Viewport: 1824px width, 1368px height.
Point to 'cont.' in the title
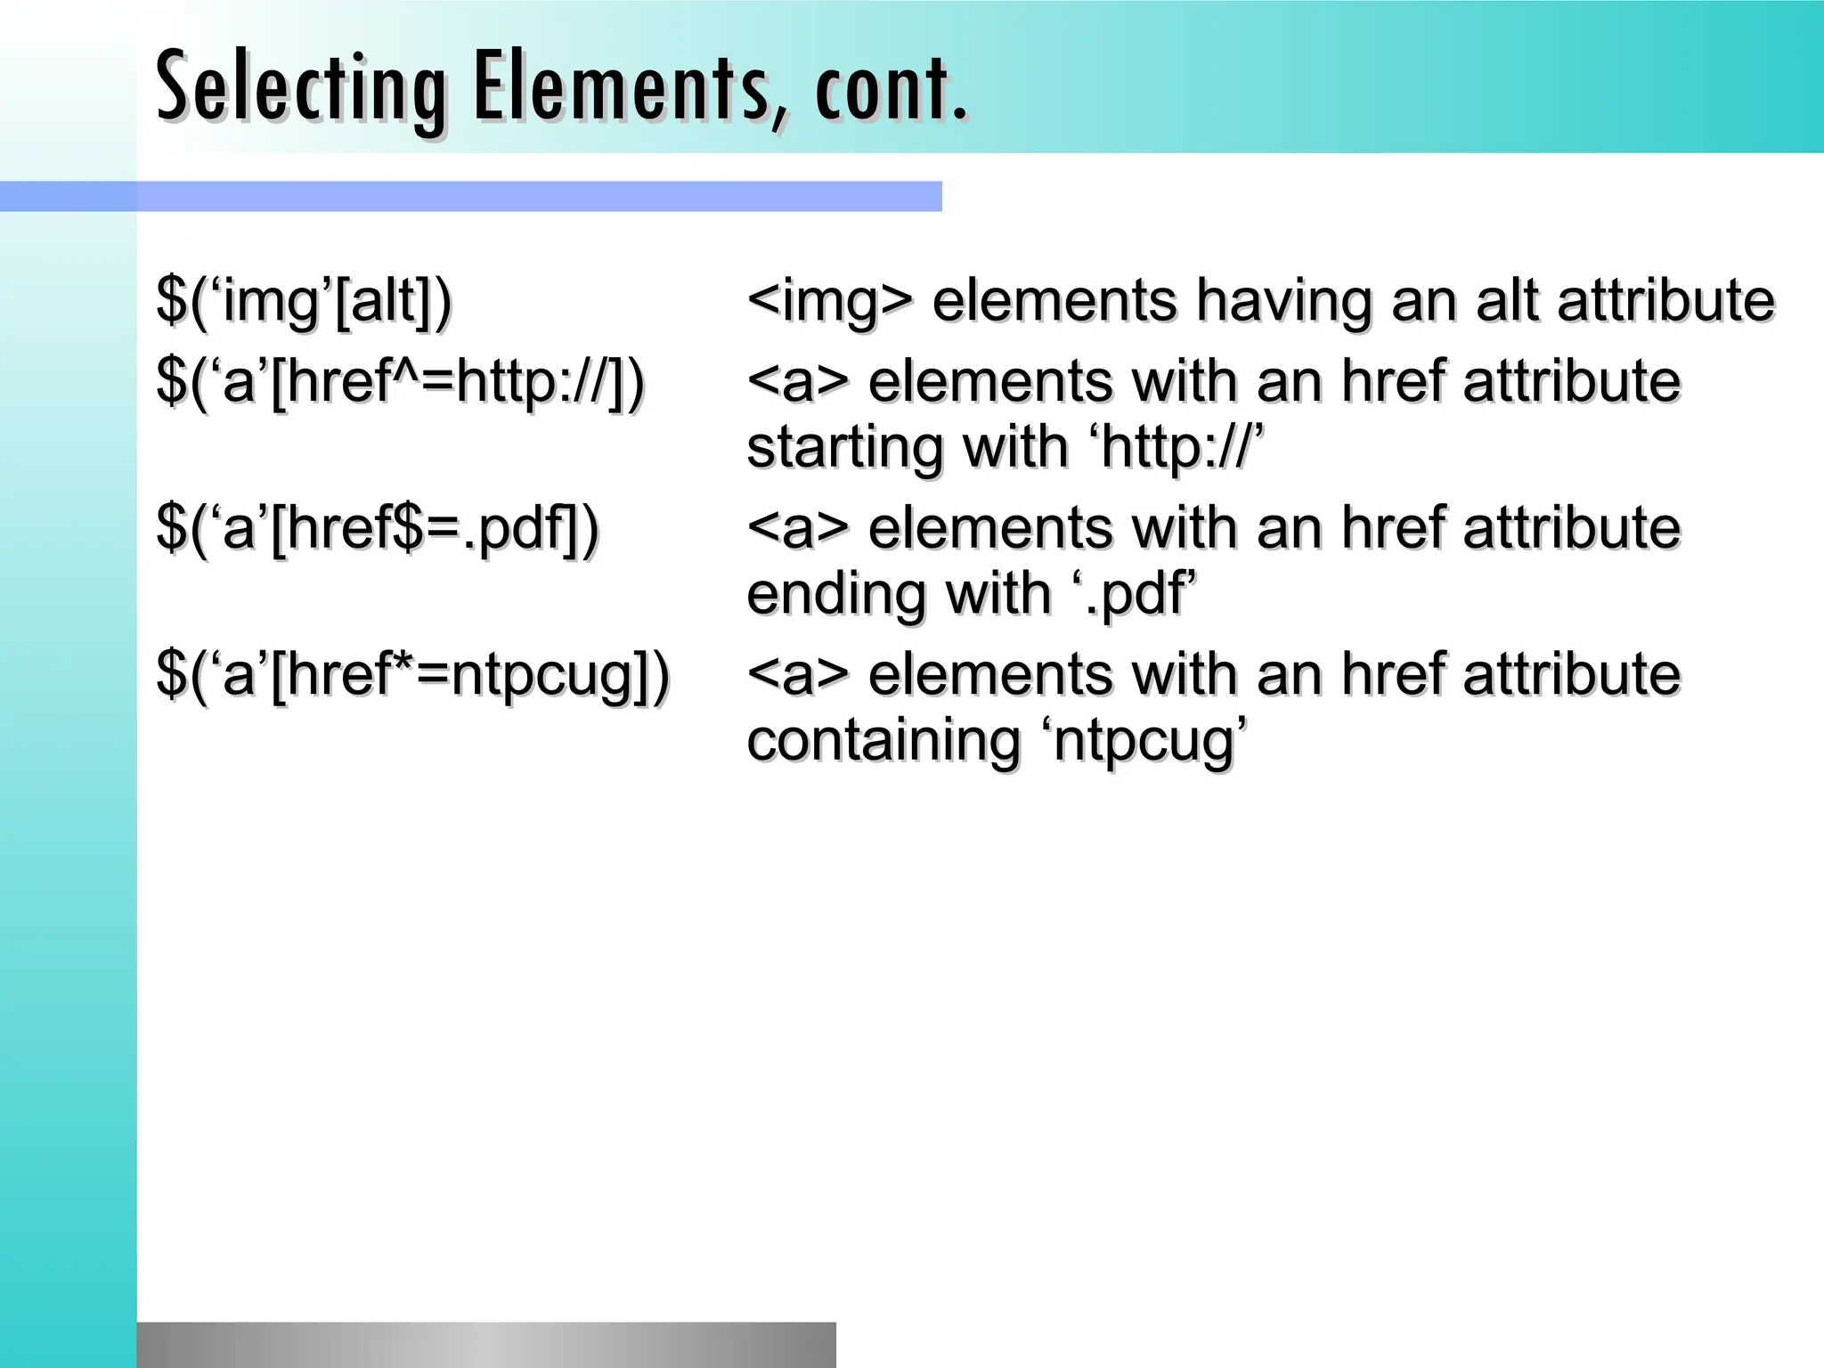tap(890, 89)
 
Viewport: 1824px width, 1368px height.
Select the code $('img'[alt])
tap(304, 301)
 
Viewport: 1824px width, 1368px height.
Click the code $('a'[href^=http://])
tap(400, 383)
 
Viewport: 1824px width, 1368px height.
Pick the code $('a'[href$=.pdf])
tap(378, 529)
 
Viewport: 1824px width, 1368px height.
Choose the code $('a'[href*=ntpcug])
tap(412, 675)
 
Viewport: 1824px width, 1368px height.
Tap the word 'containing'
tap(883, 741)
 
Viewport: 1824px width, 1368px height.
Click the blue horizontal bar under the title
tap(470, 196)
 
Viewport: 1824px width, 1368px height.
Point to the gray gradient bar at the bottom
tap(486, 1345)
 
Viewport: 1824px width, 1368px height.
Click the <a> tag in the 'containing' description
tap(798, 675)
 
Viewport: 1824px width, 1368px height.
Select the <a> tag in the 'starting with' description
tap(798, 383)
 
